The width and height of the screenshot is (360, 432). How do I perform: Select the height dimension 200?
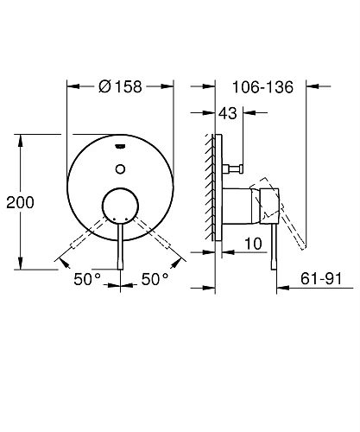(x=19, y=202)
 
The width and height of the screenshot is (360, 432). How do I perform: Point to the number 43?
(x=229, y=112)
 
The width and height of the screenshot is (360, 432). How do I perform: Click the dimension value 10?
(x=252, y=245)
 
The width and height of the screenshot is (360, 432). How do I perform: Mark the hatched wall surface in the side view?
(x=211, y=186)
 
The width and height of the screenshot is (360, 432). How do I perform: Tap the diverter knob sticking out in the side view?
(x=239, y=167)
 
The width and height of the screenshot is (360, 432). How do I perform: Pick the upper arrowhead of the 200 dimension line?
(x=19, y=138)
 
